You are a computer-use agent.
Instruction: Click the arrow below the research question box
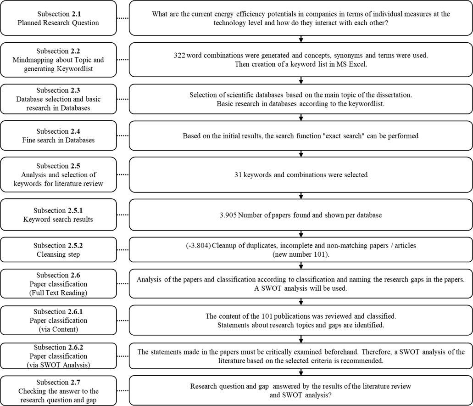301,38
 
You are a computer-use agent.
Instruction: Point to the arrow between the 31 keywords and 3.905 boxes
301,195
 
